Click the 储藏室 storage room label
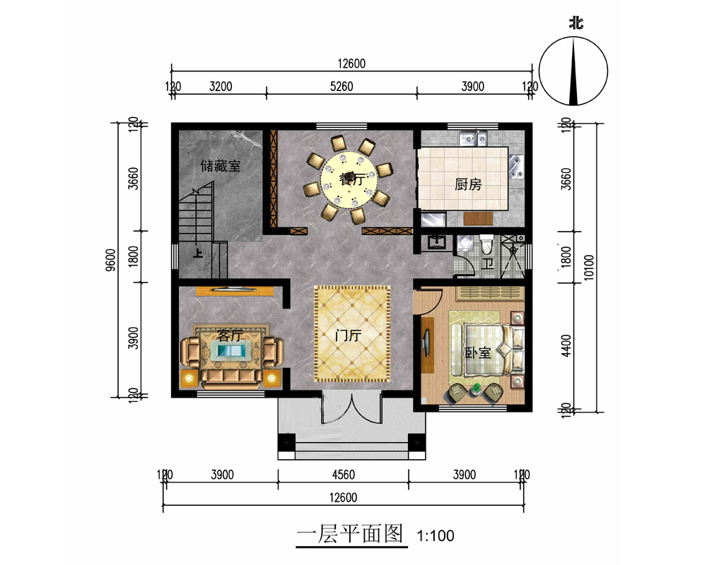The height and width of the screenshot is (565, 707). (x=221, y=166)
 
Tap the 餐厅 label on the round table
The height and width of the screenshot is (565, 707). (x=352, y=179)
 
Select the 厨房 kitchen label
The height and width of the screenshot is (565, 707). (x=468, y=184)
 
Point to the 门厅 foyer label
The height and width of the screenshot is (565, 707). (x=348, y=335)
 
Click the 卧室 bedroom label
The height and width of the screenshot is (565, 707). (x=478, y=352)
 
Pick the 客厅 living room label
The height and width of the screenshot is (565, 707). (x=230, y=335)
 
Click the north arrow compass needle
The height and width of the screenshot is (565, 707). (x=573, y=71)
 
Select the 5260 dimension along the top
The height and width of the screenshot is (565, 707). (x=341, y=86)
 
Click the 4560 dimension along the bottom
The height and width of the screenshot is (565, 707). (x=343, y=475)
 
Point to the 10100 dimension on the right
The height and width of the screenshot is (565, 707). (x=589, y=267)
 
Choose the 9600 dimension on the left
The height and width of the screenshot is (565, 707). (x=110, y=260)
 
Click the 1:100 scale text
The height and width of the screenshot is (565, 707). (x=435, y=536)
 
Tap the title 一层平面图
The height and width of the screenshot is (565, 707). (x=350, y=535)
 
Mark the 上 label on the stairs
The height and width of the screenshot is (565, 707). (x=197, y=254)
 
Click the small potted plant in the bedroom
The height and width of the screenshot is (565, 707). (x=476, y=388)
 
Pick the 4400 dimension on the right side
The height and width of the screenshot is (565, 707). (x=566, y=345)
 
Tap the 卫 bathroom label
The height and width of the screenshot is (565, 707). (x=487, y=263)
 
